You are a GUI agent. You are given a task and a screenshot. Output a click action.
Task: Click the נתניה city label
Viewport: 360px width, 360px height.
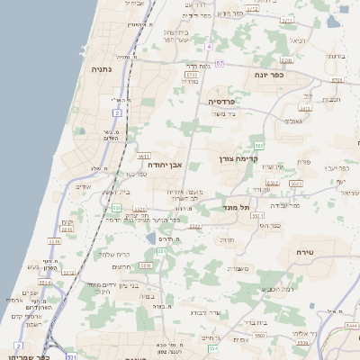tap(101, 68)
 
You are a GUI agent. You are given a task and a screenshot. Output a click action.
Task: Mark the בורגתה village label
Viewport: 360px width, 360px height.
tap(336, 56)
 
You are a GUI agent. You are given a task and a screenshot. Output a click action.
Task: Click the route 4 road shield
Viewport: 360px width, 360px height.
tap(209, 45)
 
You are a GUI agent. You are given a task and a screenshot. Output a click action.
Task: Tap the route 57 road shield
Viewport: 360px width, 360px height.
tap(219, 63)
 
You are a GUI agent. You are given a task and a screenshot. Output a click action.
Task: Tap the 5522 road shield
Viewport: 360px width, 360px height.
tap(193, 227)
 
